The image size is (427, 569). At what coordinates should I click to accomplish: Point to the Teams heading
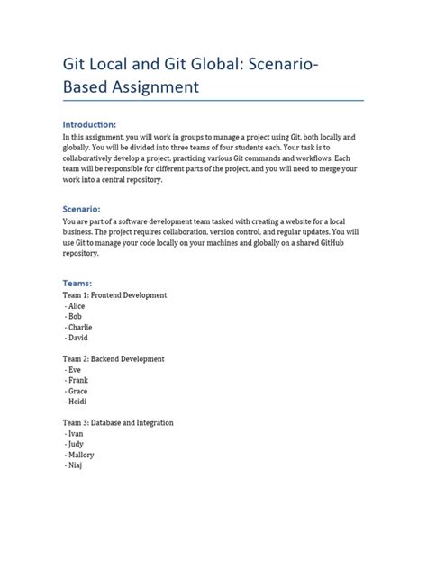pyautogui.click(x=77, y=283)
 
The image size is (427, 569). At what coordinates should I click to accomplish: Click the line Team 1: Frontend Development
pyautogui.click(x=114, y=295)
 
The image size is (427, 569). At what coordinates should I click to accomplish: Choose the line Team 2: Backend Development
pyautogui.click(x=113, y=359)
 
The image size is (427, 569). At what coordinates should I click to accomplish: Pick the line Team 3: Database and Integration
pyautogui.click(x=117, y=422)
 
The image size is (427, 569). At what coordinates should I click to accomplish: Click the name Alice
pyautogui.click(x=77, y=306)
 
